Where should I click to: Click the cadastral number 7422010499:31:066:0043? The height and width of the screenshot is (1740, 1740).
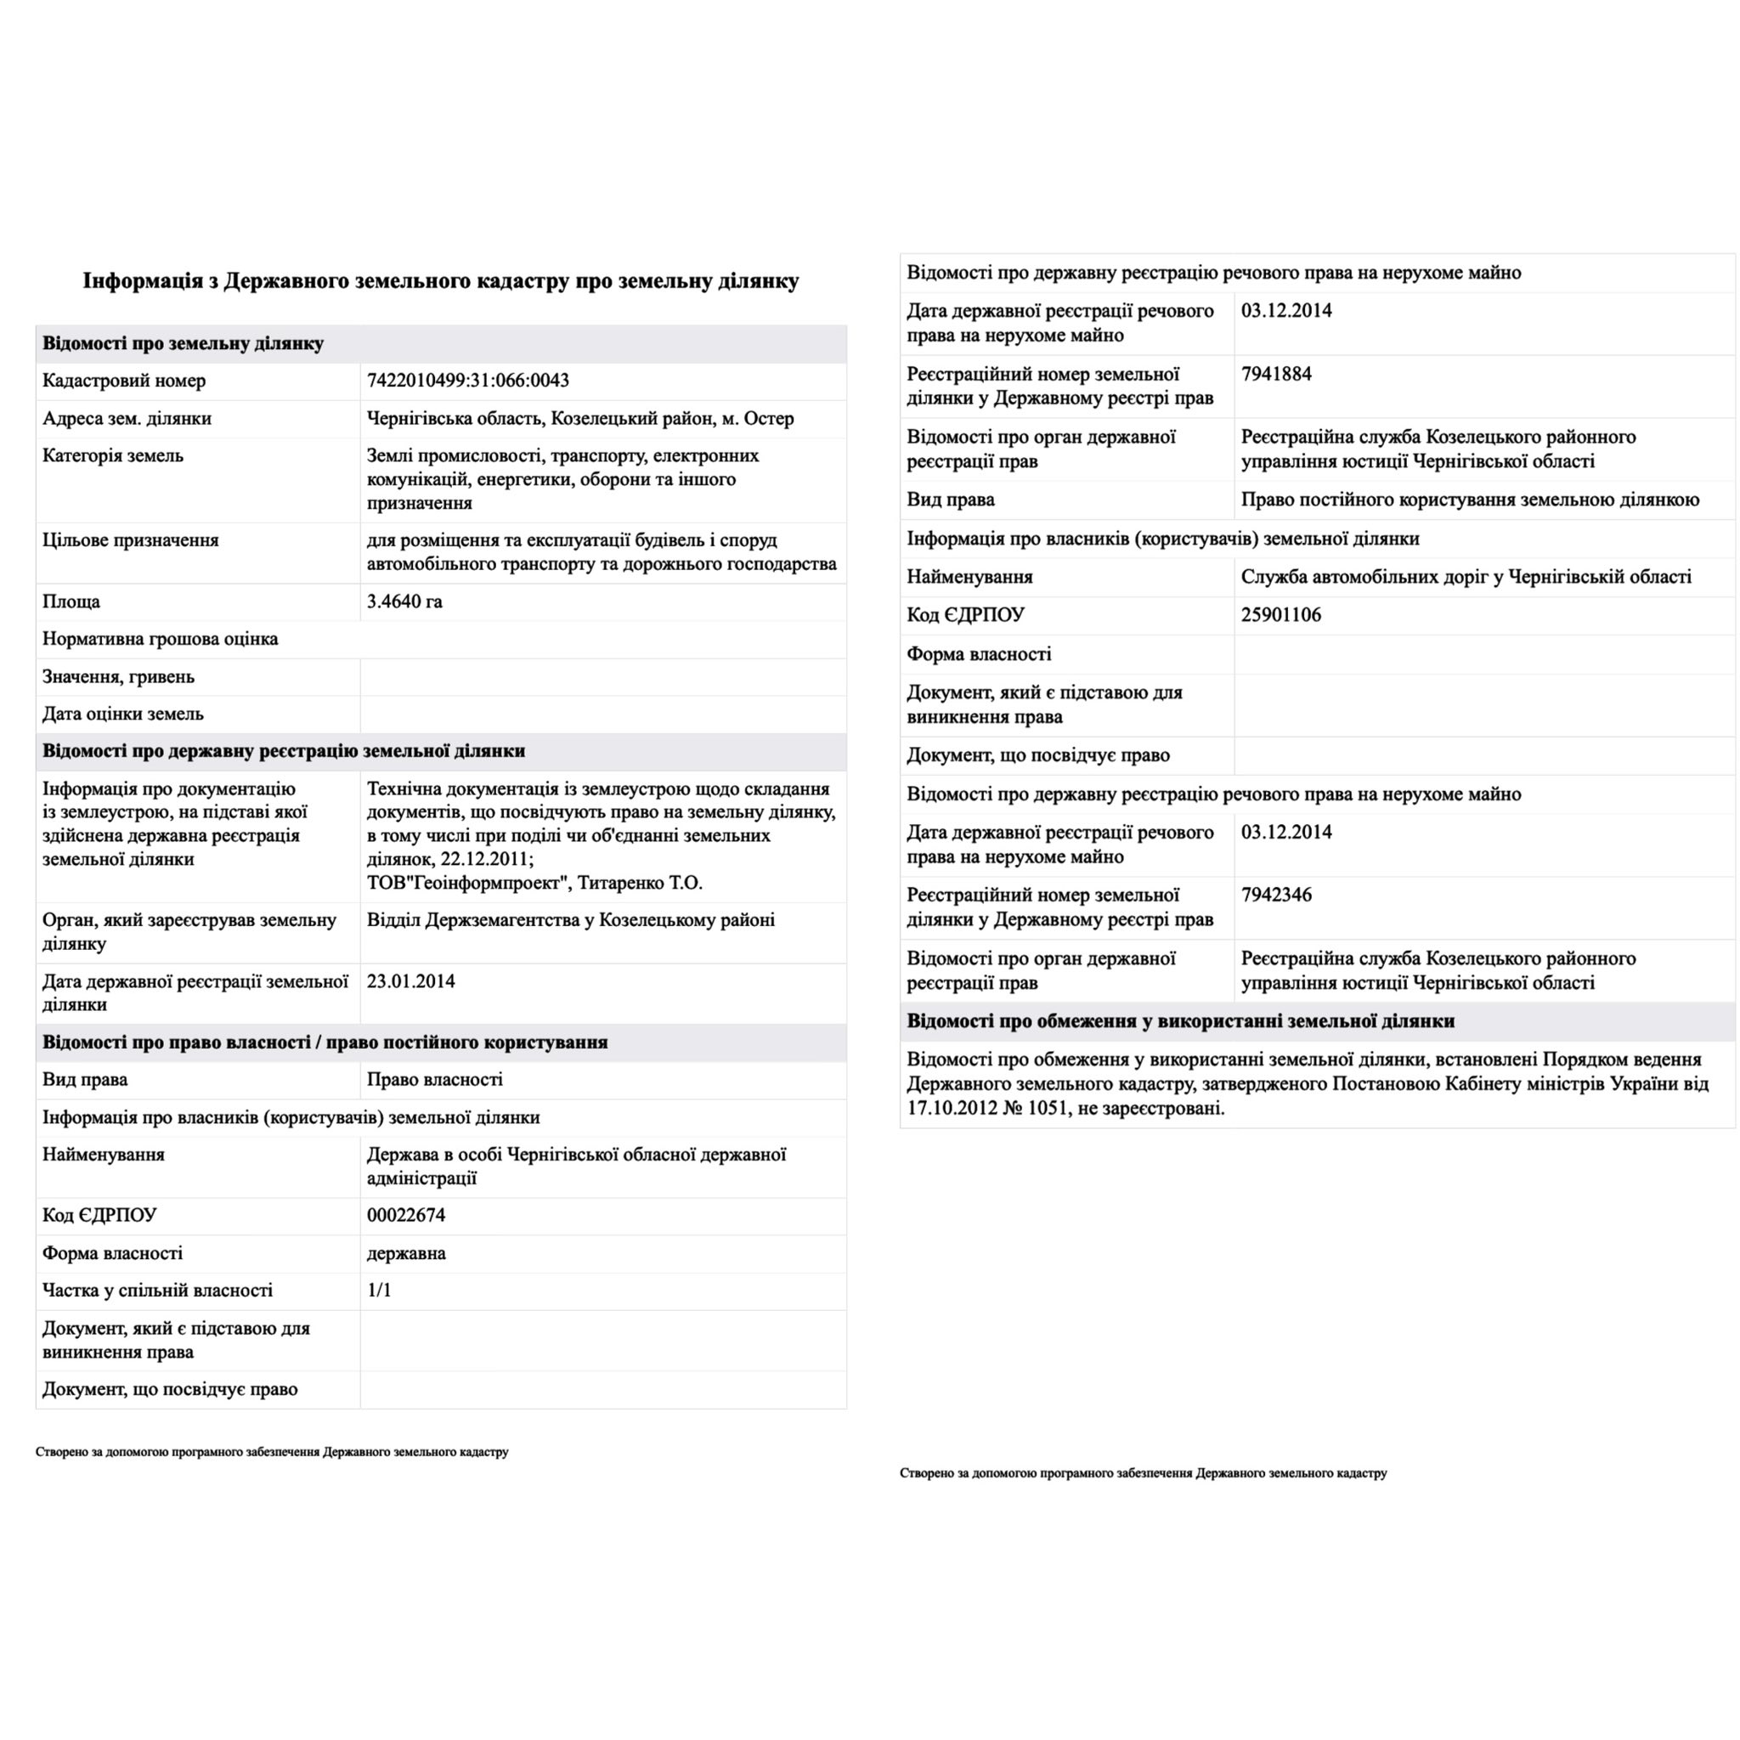[467, 380]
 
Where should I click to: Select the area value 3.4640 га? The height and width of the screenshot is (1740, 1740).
[404, 601]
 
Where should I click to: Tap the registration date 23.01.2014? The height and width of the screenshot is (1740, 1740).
[410, 980]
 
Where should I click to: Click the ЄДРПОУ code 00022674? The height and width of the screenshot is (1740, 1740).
[405, 1215]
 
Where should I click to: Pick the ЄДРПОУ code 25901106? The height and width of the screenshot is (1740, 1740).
[1280, 614]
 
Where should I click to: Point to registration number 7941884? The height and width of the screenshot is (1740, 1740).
[1276, 374]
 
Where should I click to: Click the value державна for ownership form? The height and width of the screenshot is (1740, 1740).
[405, 1253]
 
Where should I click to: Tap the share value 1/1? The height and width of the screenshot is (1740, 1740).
[379, 1290]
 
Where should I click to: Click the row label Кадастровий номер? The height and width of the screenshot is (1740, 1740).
[124, 380]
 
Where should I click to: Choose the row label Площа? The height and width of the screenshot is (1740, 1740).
[72, 601]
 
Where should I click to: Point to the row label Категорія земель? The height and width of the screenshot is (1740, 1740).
[113, 455]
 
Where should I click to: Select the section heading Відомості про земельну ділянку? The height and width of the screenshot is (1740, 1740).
[183, 343]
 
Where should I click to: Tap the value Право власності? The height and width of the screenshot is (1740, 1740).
[434, 1079]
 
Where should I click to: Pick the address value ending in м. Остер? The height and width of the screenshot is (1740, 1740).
[580, 418]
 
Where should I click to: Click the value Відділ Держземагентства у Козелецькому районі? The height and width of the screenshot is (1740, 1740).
[570, 919]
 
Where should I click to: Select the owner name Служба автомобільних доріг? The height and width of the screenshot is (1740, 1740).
[1466, 576]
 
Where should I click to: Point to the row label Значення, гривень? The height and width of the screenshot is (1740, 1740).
[118, 676]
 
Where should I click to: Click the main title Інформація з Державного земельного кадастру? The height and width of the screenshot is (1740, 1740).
[440, 281]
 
